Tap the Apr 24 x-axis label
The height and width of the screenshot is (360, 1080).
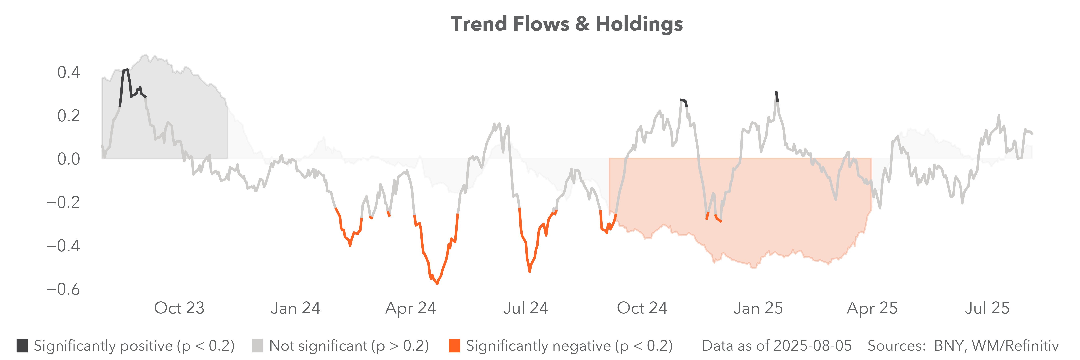coord(411,308)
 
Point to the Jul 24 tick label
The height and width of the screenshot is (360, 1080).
coord(526,308)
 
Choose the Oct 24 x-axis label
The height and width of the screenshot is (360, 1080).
coord(642,308)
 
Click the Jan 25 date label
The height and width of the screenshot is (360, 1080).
coord(758,308)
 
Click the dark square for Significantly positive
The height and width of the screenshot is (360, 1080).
coord(22,346)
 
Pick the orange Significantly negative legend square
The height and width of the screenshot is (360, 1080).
coord(454,346)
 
